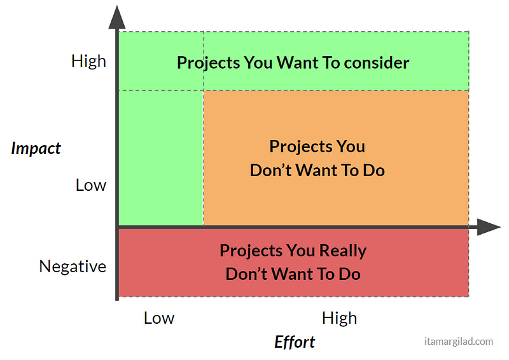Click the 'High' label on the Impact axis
pos(88,61)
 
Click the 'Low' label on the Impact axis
pos(91,185)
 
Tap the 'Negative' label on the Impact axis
pos(73,267)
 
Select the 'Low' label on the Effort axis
pos(159,318)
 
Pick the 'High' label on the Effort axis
pos(339,318)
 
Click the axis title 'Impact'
pos(36,148)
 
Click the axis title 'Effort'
pos(295,342)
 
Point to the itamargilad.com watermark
pos(459,342)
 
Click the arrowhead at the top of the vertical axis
pos(117,18)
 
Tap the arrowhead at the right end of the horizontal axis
pos(489,227)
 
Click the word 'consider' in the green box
pos(377,63)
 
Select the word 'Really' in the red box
pos(343,251)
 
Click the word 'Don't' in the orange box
pos(271,170)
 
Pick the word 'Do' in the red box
pos(349,274)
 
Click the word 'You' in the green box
pos(258,63)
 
